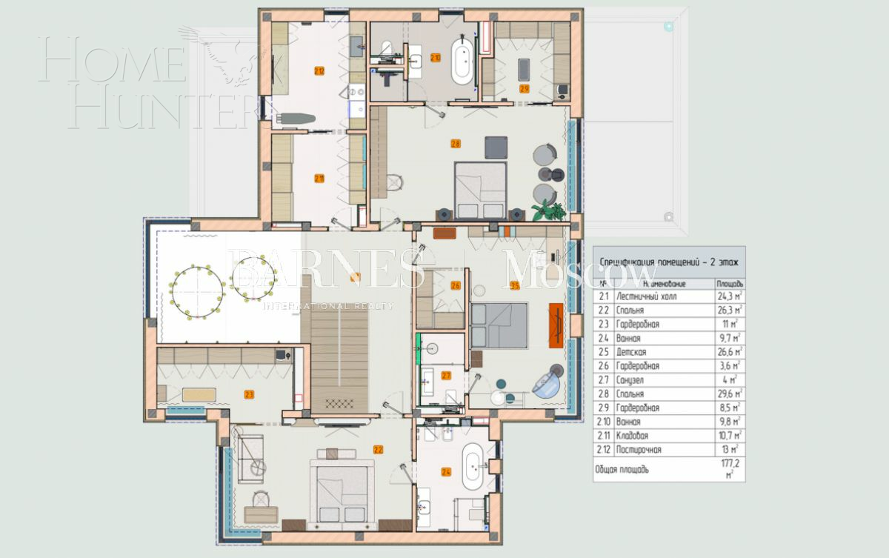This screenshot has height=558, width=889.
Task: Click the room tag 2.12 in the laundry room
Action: point(319,72)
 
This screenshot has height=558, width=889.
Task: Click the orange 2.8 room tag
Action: point(456,144)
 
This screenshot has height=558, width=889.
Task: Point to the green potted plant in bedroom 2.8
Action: point(547,210)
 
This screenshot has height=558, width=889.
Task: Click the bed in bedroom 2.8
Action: point(480,189)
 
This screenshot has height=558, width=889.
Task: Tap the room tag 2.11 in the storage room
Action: point(319,178)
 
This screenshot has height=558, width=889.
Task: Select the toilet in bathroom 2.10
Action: point(384,49)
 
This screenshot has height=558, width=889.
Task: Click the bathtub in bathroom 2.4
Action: point(473,467)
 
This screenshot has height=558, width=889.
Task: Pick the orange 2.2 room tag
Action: point(378,449)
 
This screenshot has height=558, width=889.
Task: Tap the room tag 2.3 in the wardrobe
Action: point(249,394)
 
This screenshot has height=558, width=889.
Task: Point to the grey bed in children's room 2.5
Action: point(498,325)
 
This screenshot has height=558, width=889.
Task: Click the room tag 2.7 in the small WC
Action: point(446,376)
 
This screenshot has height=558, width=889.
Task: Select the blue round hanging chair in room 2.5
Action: point(547,383)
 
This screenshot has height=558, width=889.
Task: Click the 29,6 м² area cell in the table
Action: point(729,394)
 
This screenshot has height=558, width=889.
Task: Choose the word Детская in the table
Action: point(630,352)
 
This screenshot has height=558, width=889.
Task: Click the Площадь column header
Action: point(729,283)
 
